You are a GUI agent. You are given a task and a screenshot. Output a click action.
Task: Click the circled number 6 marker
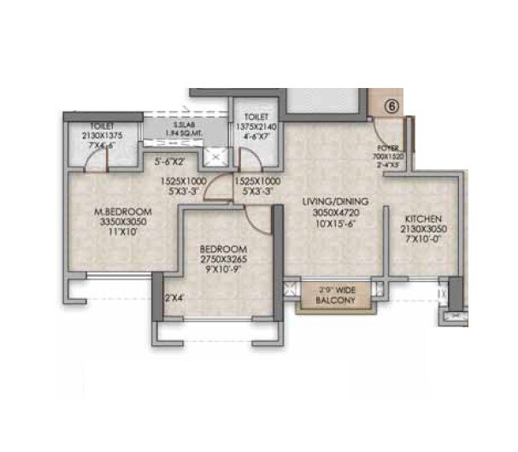[391, 108]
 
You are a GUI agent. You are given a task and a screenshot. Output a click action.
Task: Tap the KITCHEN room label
[424, 219]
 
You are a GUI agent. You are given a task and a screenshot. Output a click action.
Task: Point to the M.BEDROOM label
[123, 212]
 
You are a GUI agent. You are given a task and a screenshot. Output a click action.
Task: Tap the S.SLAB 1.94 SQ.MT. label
[183, 130]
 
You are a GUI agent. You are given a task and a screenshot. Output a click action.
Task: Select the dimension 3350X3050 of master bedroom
[123, 222]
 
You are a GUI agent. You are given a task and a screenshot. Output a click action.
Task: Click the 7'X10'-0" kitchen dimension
[423, 239]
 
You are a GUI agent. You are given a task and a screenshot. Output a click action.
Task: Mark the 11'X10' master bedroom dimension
[123, 233]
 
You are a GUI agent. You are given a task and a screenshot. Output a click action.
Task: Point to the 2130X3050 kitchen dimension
[423, 229]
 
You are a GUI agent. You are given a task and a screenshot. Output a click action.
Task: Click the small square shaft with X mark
[216, 156]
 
